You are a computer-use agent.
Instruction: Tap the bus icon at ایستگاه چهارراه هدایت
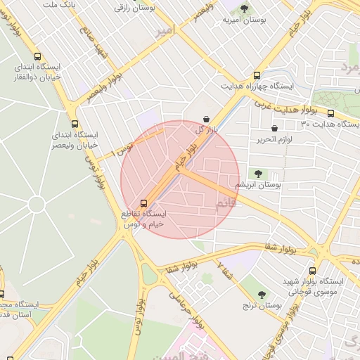tap(257, 75)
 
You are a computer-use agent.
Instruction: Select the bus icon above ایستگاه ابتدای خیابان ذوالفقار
tap(37, 56)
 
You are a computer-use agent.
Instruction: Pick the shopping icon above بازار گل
tap(205, 120)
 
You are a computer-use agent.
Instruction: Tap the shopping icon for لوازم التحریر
tap(274, 129)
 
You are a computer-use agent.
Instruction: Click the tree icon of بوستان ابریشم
tap(258, 173)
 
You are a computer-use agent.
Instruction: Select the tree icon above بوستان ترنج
tap(262, 295)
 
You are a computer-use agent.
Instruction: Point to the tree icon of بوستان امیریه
tap(244, 9)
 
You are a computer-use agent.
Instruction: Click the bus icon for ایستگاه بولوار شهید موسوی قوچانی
tap(313, 271)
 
